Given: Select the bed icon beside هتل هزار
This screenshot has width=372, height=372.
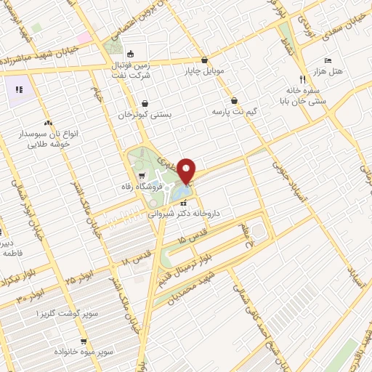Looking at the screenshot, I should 328,60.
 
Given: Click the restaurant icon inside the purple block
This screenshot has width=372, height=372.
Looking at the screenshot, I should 20,90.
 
